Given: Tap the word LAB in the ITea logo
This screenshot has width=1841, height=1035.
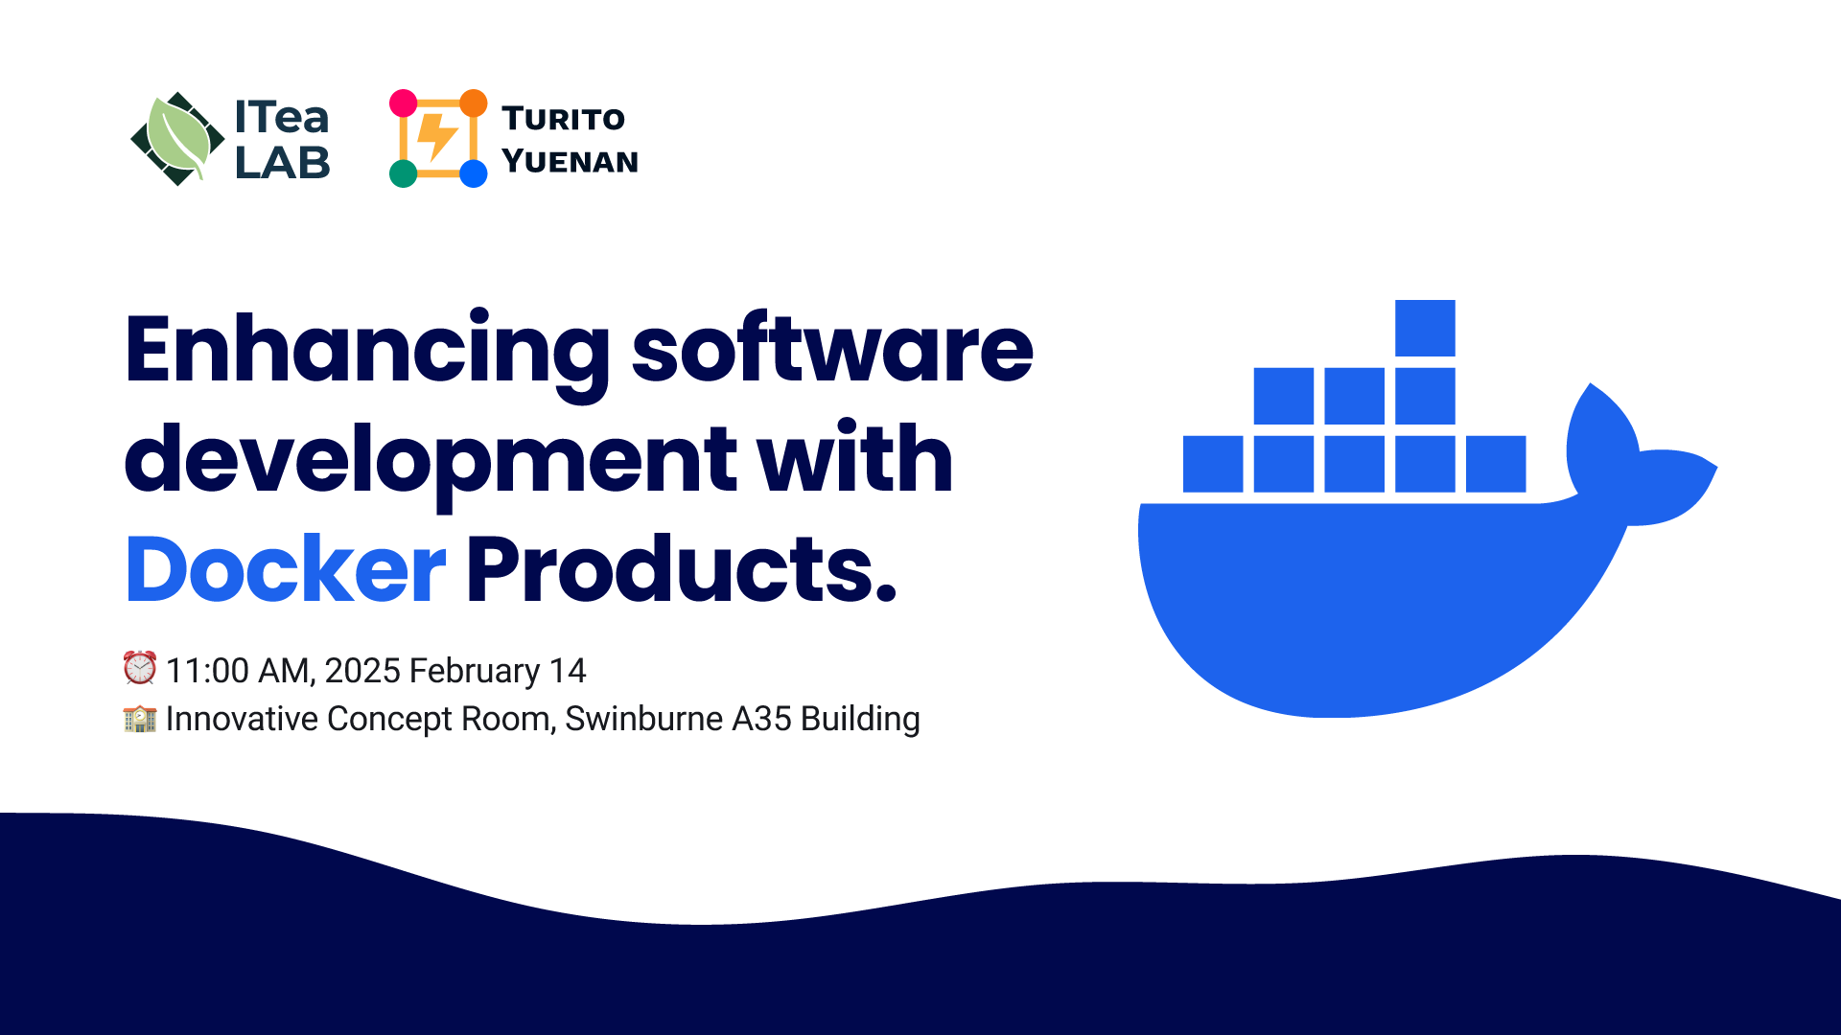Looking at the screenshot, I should (x=282, y=163).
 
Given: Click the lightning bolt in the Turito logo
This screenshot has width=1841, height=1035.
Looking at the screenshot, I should (x=437, y=137).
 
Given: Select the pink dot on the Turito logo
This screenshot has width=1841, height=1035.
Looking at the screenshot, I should (x=404, y=103).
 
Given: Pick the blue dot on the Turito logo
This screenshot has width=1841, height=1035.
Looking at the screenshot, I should (x=473, y=173).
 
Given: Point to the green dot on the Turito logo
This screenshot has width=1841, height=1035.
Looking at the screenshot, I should (x=404, y=173).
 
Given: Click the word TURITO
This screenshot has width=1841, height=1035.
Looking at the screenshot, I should (x=563, y=119).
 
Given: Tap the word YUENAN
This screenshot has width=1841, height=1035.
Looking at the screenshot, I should (x=570, y=161).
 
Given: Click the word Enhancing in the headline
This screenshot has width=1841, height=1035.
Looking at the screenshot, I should (x=366, y=351).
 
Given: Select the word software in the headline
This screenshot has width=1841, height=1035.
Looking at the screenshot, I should (x=832, y=351).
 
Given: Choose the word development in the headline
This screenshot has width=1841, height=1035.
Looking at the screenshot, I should (x=431, y=461).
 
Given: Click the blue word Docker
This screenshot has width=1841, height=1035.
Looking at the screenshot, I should (x=286, y=570).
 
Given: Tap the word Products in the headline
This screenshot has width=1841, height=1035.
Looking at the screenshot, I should (x=681, y=570).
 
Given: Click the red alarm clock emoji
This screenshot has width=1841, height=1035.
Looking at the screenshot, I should (x=140, y=668).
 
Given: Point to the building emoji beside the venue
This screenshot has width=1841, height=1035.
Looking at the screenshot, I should (x=140, y=718).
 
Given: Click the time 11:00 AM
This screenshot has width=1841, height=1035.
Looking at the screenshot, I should (x=239, y=671).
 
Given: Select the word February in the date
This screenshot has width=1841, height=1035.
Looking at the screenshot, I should (x=475, y=671).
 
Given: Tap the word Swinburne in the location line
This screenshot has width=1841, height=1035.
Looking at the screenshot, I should (x=643, y=719).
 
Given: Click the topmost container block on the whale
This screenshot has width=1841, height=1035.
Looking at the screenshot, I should (x=1425, y=328).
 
